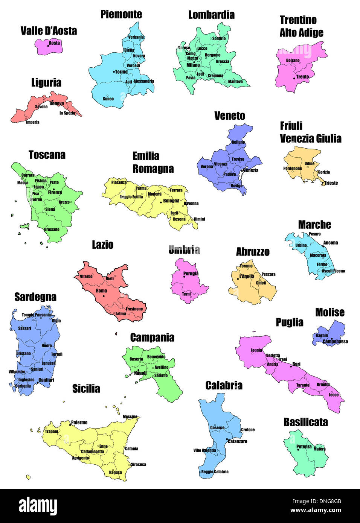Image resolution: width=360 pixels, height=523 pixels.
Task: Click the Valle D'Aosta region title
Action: pos(49,31)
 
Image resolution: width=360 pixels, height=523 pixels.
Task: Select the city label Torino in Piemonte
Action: pos(121,72)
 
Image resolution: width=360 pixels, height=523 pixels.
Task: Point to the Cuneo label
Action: pos(108,99)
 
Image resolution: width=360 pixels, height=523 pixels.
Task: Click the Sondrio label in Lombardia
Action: pos(219,38)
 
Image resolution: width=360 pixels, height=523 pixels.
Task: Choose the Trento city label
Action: pos(302,77)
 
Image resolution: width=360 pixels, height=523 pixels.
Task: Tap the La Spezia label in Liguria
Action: pos(67,113)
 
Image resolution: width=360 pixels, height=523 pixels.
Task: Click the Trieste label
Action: pos(331,183)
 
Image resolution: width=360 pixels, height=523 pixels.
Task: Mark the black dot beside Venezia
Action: pos(242,171)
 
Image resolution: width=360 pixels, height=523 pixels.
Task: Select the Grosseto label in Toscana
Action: pos(52,230)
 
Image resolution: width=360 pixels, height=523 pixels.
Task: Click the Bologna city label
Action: pos(171,201)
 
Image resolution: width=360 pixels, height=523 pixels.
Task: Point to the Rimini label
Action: pos(200,219)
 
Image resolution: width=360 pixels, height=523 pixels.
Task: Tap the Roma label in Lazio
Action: pos(101,291)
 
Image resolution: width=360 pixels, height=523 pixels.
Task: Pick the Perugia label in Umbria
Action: pos(191,274)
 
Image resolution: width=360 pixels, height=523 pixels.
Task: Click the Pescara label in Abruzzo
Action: pos(268,274)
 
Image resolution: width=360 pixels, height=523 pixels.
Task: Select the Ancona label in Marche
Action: pos(331,243)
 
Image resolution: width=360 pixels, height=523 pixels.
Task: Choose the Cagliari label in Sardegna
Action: pos(46,380)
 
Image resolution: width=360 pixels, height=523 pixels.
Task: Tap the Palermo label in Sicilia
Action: pos(79,423)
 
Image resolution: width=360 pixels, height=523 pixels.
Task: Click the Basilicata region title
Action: pos(306,422)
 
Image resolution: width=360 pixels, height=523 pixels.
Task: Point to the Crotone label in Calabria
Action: pos(248,430)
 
